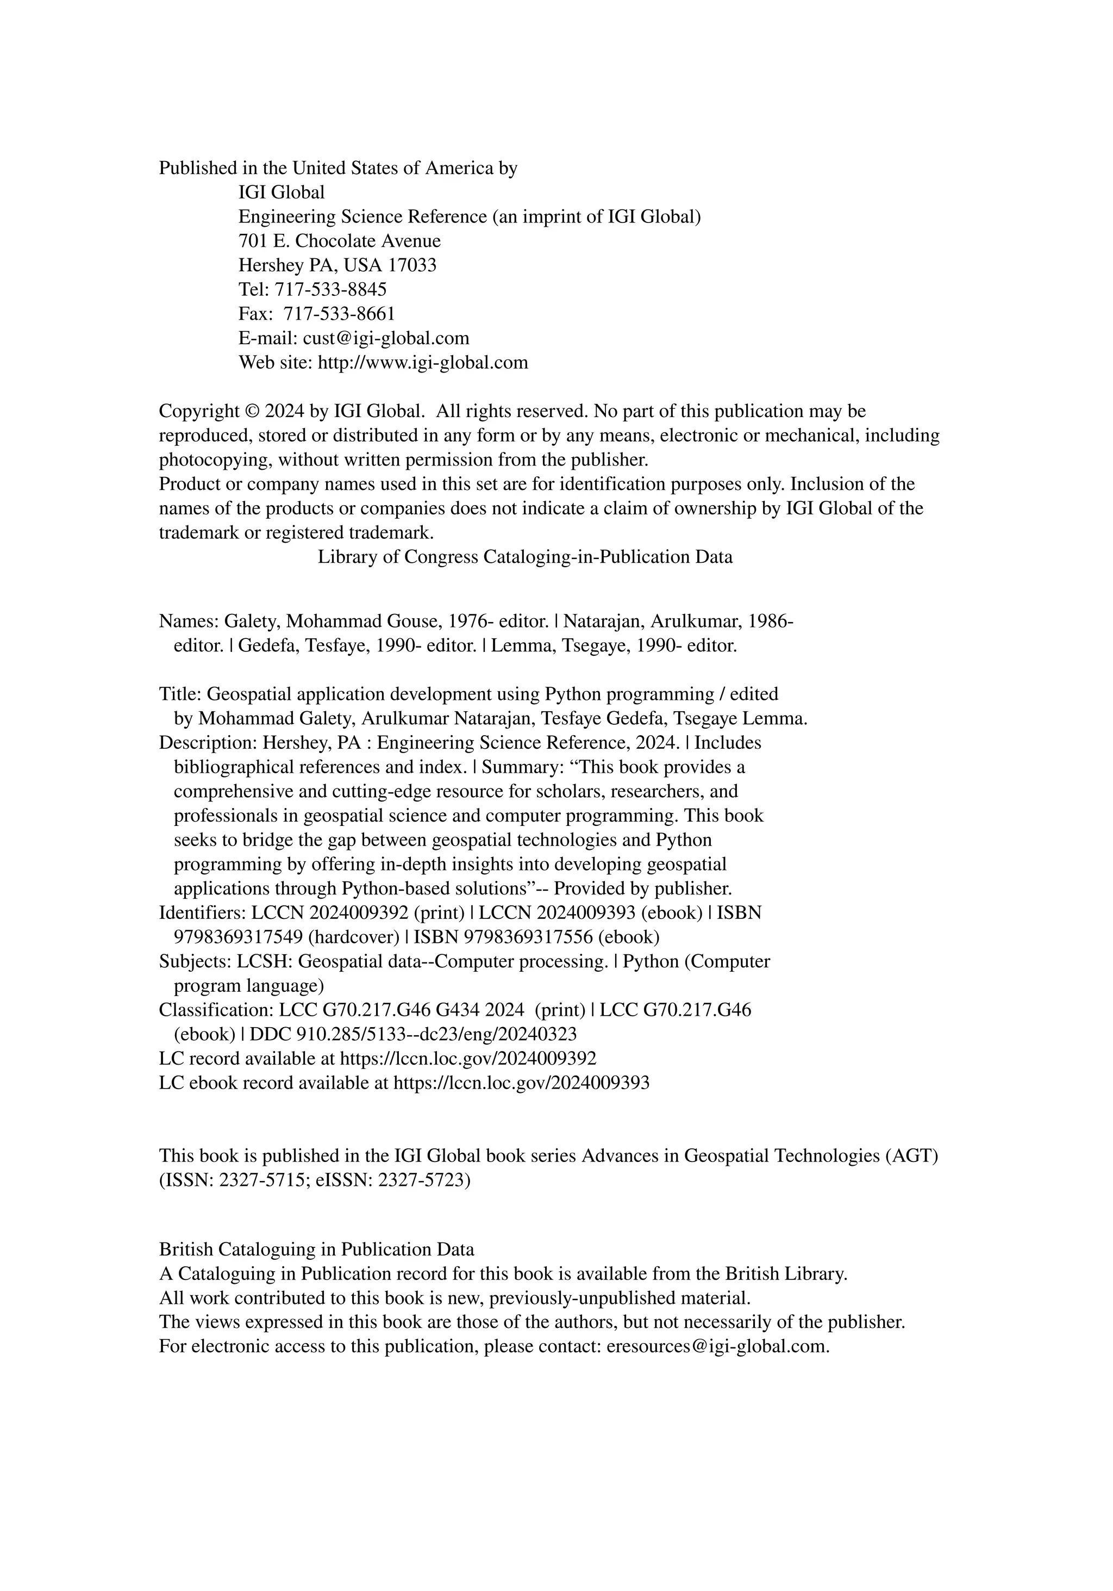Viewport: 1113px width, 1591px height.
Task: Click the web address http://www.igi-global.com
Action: coord(422,363)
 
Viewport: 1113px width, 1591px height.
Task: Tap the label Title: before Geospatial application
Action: coord(181,694)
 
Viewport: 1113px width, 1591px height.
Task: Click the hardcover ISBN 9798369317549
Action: coord(237,937)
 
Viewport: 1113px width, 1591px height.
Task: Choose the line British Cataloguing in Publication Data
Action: coord(316,1250)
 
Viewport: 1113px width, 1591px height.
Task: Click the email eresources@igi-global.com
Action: coord(717,1346)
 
